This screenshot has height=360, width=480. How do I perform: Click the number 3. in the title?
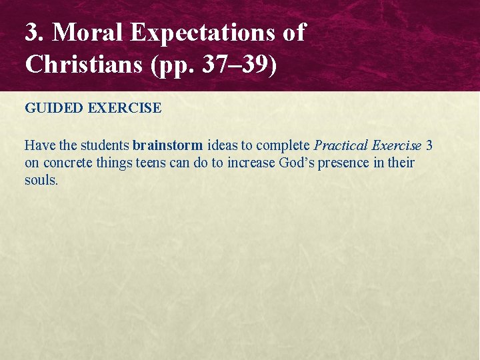coord(35,32)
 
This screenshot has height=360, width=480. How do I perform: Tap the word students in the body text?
coord(105,145)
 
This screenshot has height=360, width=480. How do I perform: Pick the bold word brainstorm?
coord(167,145)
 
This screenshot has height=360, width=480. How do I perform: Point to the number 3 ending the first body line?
coord(429,145)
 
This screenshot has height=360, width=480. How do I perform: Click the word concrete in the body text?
coord(67,163)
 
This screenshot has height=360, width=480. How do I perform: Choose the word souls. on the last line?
coord(41,180)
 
